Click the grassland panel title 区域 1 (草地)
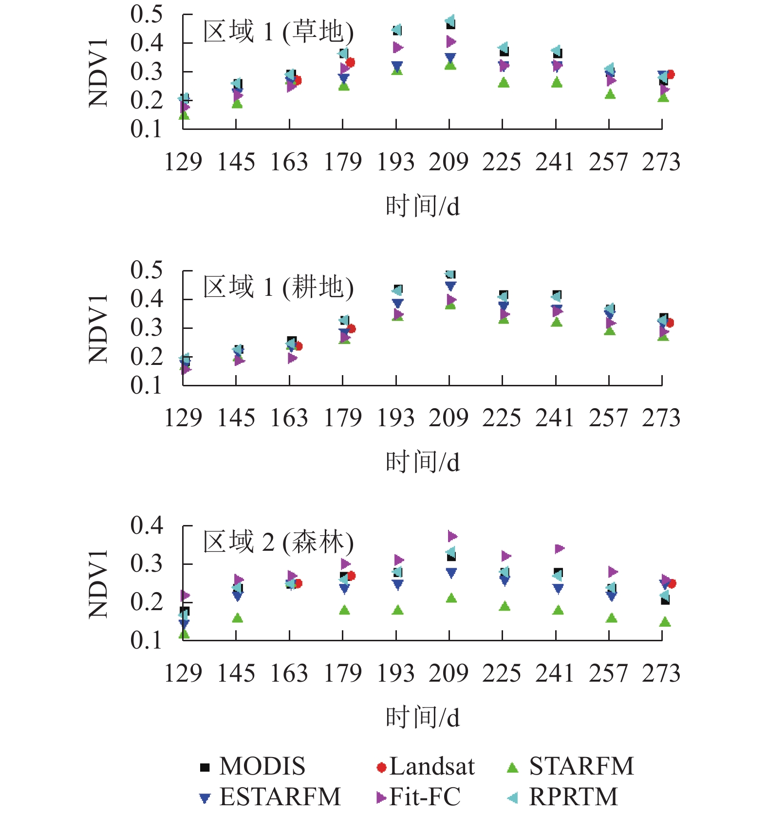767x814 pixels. point(278,32)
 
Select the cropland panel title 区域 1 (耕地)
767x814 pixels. point(278,287)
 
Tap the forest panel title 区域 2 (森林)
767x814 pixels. point(278,542)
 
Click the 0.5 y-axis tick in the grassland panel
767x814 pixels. point(147,14)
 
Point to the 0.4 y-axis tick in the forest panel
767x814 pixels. point(147,525)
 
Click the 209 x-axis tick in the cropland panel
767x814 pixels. point(449,418)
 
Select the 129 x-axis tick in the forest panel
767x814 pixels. point(183,673)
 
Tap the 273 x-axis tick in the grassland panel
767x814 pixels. point(661,162)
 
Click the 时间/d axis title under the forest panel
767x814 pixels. point(422,718)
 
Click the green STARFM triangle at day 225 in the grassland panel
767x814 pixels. point(504,83)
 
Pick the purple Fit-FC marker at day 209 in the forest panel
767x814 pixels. point(452,536)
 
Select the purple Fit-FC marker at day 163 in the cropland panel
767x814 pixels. point(292,358)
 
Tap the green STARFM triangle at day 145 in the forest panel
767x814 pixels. point(237,618)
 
